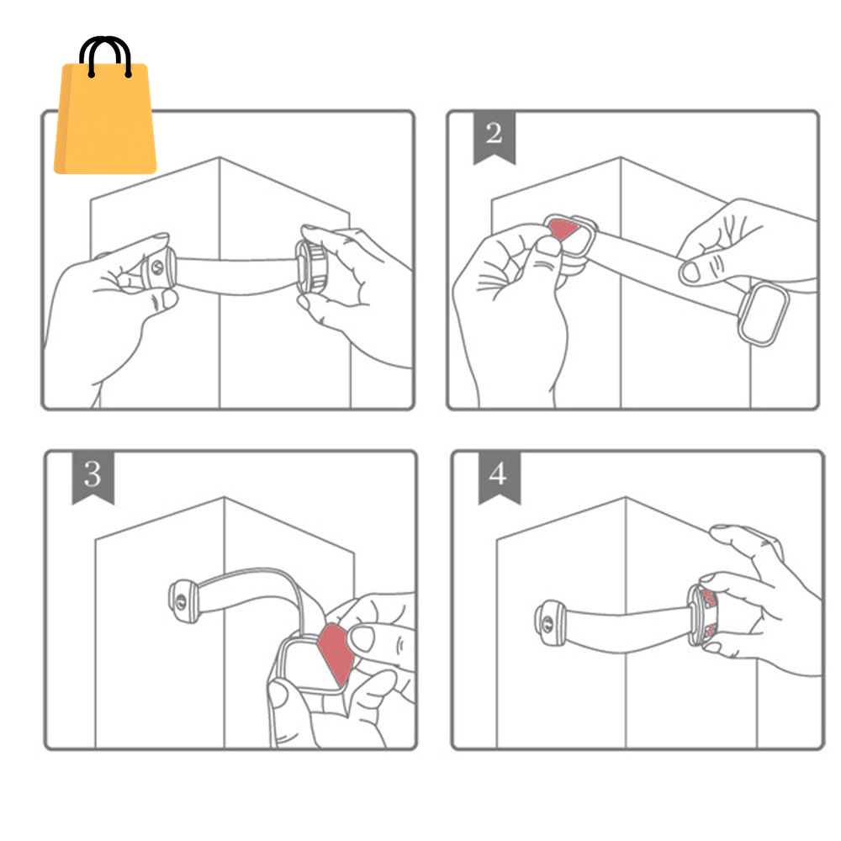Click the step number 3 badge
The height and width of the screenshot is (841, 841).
coord(93,475)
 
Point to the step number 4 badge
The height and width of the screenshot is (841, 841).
coord(499,475)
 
